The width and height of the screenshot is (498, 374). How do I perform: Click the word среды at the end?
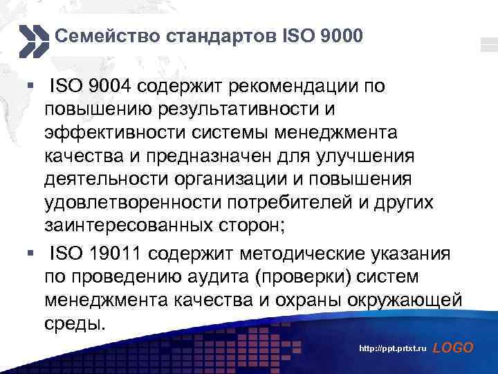75,323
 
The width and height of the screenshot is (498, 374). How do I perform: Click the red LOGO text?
452,348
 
